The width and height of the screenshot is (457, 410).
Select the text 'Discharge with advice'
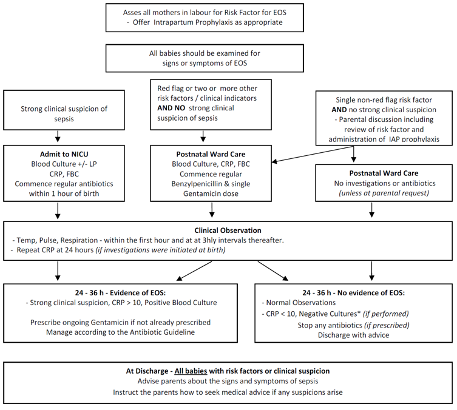pyautogui.click(x=354, y=335)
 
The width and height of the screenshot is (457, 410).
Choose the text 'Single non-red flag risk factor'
pyautogui.click(x=384, y=99)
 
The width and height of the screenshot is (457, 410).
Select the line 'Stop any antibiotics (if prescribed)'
pyautogui.click(x=354, y=324)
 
